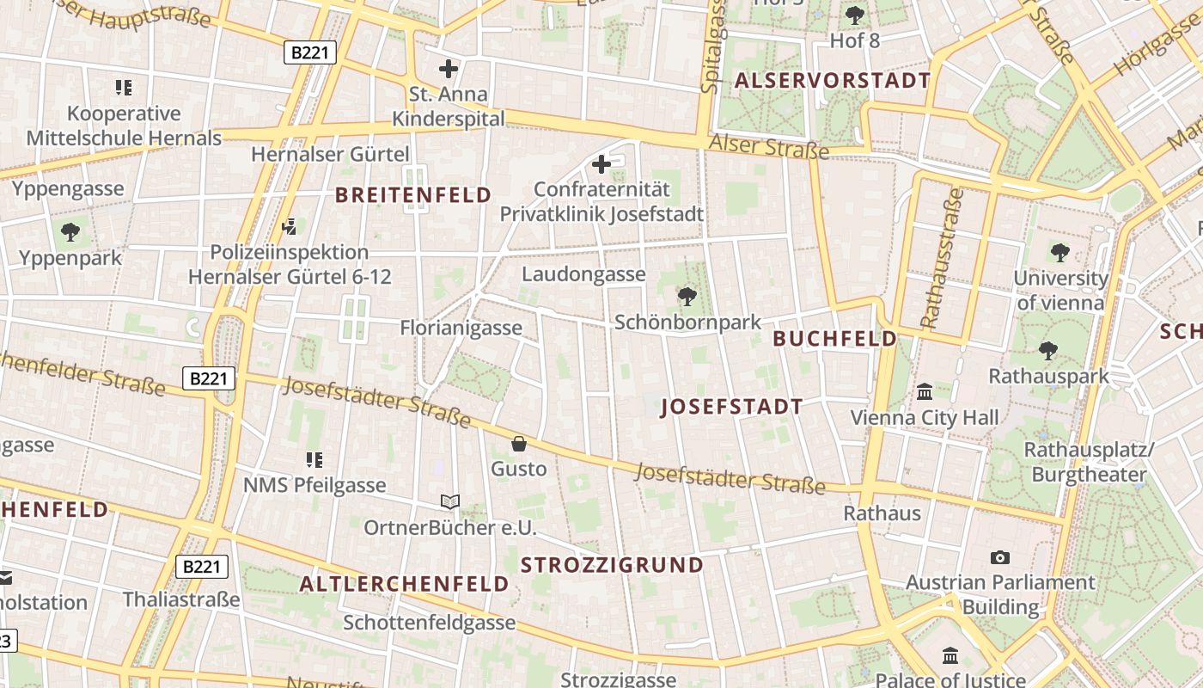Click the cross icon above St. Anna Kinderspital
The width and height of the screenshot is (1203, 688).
[449, 69]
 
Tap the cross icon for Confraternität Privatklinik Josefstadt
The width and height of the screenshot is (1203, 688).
[601, 163]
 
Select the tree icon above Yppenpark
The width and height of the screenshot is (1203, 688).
[70, 231]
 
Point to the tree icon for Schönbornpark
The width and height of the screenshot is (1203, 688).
[687, 297]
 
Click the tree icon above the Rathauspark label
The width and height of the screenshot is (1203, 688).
[1047, 350]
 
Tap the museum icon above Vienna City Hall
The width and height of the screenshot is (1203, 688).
[925, 392]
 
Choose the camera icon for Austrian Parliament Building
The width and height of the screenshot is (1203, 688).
[999, 557]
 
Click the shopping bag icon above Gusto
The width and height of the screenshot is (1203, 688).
[519, 444]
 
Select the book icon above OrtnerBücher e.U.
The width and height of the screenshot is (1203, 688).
[450, 501]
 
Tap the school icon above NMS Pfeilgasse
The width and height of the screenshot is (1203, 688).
[314, 460]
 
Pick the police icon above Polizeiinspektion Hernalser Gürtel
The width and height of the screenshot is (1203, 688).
[290, 227]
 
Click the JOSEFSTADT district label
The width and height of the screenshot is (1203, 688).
[732, 408]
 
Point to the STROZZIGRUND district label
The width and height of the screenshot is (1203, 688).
[613, 565]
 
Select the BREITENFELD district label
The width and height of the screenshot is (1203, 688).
[413, 195]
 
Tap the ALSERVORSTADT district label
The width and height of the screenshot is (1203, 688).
[832, 81]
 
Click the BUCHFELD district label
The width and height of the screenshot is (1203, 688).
[834, 339]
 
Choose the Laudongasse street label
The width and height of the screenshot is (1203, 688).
[583, 274]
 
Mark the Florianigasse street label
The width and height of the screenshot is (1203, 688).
[461, 328]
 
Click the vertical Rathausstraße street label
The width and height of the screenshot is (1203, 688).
[941, 259]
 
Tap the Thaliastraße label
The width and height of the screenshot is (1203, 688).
[181, 599]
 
